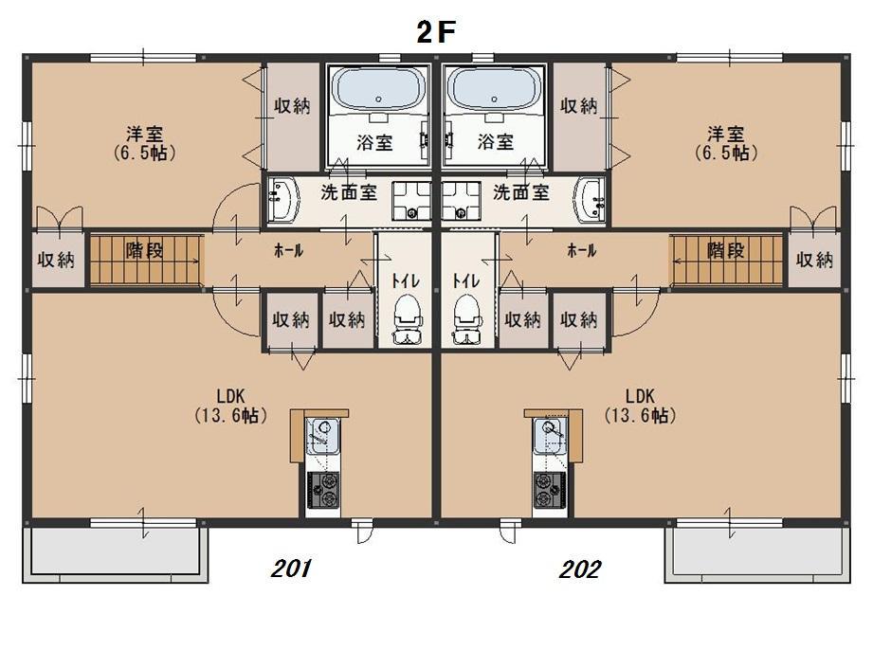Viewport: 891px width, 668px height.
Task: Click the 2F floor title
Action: pos(436,33)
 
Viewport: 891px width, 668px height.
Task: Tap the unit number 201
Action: pos(292,568)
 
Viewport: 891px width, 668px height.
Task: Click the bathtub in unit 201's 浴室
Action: pos(378,90)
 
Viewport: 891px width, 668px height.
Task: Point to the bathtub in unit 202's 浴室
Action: pos(494,90)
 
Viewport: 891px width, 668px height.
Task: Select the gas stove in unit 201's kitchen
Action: pos(323,491)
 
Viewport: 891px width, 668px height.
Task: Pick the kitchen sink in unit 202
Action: pos(549,436)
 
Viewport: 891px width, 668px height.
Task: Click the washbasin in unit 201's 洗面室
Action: pos(283,199)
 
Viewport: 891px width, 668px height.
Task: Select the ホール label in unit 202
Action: pos(581,250)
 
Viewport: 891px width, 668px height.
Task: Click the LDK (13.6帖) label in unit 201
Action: pos(230,406)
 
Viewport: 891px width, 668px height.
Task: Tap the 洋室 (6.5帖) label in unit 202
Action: pos(726,143)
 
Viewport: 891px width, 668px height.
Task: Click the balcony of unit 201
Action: pos(116,553)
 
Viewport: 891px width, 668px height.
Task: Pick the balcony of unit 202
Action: pos(757,553)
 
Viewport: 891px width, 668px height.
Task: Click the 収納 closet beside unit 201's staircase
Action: pos(57,260)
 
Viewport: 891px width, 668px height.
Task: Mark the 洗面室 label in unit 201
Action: pos(349,192)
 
